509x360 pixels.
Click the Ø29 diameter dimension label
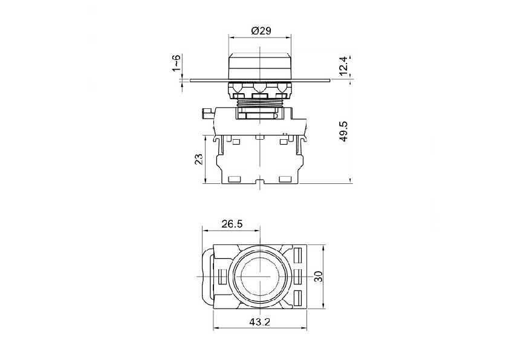tap(261, 31)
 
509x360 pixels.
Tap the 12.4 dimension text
tap(343, 65)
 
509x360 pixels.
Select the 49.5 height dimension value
tap(343, 131)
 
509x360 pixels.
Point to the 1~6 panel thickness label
tap(176, 63)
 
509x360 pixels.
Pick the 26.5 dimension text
tap(232, 224)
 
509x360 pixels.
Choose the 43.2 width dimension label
tap(260, 322)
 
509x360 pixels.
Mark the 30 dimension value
tap(319, 276)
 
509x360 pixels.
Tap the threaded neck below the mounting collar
tap(260, 103)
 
